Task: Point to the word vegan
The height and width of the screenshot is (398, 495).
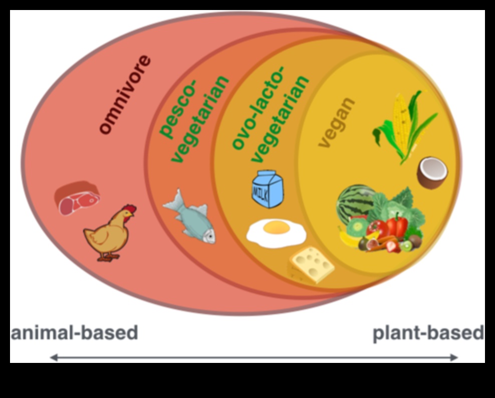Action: pos(336,122)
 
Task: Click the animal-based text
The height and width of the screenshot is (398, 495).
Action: pos(74,333)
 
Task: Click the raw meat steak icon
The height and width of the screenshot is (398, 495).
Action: pos(77,198)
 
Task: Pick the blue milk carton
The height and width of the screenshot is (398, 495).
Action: pos(267,189)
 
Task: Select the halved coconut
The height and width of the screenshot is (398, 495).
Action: pos(432,173)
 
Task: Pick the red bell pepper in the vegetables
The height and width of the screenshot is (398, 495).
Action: pos(397,226)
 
